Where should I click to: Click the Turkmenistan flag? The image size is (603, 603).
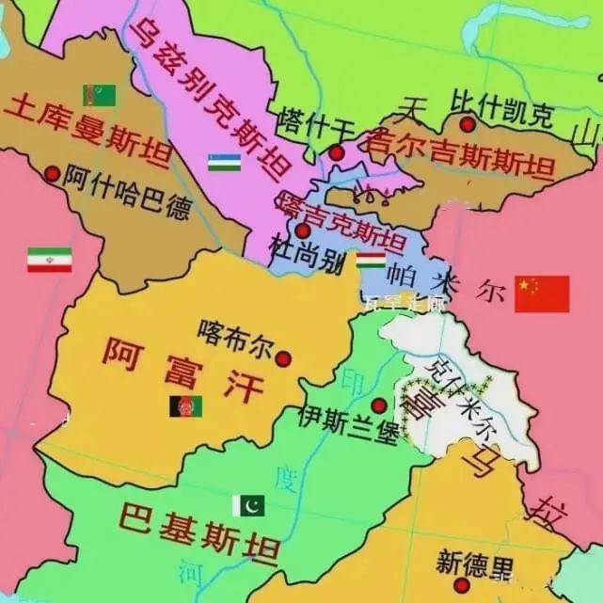(x=99, y=95)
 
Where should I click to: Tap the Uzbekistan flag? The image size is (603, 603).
(x=224, y=162)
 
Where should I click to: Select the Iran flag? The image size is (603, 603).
(x=49, y=260)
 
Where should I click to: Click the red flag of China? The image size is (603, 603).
(x=542, y=294)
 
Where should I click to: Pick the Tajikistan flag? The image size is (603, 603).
(x=370, y=259)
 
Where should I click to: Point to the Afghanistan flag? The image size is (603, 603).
(x=185, y=406)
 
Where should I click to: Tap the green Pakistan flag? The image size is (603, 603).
(x=248, y=505)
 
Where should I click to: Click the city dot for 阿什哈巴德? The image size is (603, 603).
(x=52, y=173)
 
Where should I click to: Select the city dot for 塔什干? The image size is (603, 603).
(x=336, y=152)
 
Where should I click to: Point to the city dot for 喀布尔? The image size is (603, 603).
(x=283, y=357)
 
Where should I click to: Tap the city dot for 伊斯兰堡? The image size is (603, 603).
(x=378, y=405)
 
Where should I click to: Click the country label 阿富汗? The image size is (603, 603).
(x=179, y=368)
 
